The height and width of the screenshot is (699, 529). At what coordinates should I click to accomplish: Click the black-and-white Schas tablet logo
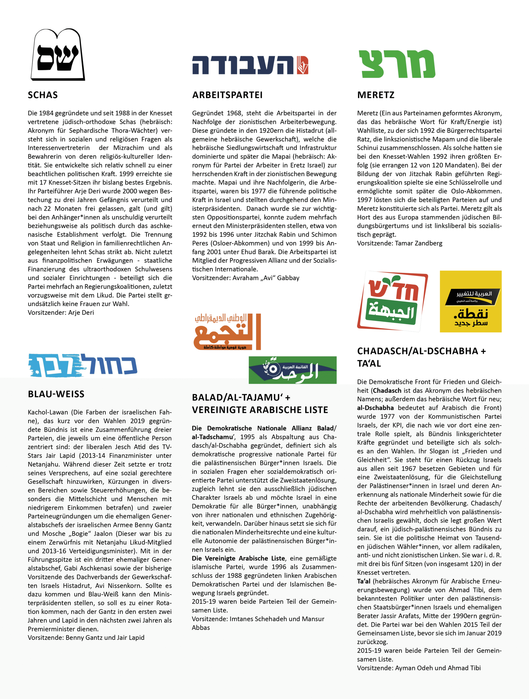(x=58, y=55)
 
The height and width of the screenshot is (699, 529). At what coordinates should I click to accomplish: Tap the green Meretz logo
(x=397, y=64)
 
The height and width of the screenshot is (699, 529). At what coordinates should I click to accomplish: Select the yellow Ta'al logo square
(x=471, y=301)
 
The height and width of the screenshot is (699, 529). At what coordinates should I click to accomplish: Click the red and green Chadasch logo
(x=392, y=301)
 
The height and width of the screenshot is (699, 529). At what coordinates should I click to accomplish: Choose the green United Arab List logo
(x=292, y=370)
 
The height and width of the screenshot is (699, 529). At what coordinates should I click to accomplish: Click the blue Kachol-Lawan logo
(x=83, y=365)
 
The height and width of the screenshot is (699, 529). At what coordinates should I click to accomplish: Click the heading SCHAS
(x=43, y=95)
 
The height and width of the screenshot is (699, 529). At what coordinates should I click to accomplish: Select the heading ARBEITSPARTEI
(x=227, y=95)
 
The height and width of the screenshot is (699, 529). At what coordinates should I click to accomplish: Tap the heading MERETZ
(x=376, y=95)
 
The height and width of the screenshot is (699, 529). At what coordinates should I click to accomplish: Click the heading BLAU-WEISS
(x=56, y=394)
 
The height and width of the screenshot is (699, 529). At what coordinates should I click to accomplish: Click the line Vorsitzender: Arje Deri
(x=61, y=313)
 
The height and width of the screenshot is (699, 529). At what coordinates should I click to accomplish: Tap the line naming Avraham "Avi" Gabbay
(x=246, y=278)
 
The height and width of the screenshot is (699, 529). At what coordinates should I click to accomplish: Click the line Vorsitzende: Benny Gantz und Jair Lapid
(x=86, y=637)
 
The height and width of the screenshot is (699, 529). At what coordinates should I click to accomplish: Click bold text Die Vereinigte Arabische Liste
(x=238, y=558)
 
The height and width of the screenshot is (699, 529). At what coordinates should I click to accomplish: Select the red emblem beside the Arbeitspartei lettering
(x=303, y=65)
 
